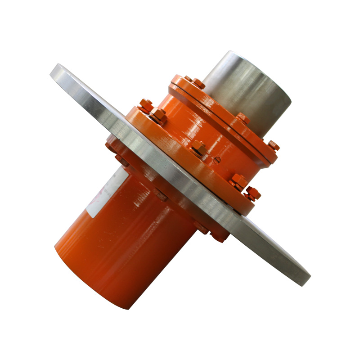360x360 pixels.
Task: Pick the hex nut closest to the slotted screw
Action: tap(198, 148)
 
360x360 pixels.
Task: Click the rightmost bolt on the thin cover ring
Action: tap(274, 145)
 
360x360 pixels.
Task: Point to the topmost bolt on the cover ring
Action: tap(188, 79)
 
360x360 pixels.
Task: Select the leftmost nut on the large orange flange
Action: tap(145, 106)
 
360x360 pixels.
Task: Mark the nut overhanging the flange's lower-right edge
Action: tap(252, 193)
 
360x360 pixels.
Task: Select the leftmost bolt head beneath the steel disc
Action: tap(110, 145)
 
